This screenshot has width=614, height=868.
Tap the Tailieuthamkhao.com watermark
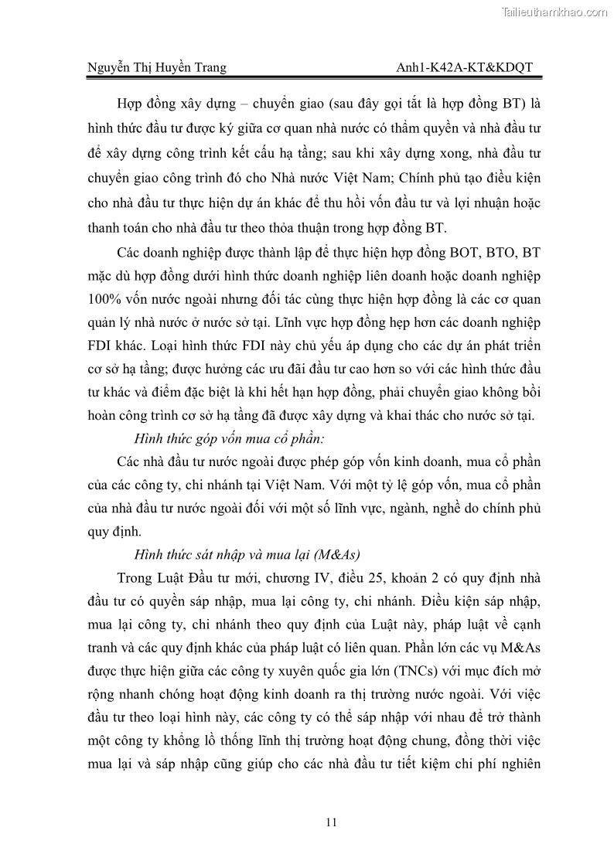pyautogui.click(x=554, y=12)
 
